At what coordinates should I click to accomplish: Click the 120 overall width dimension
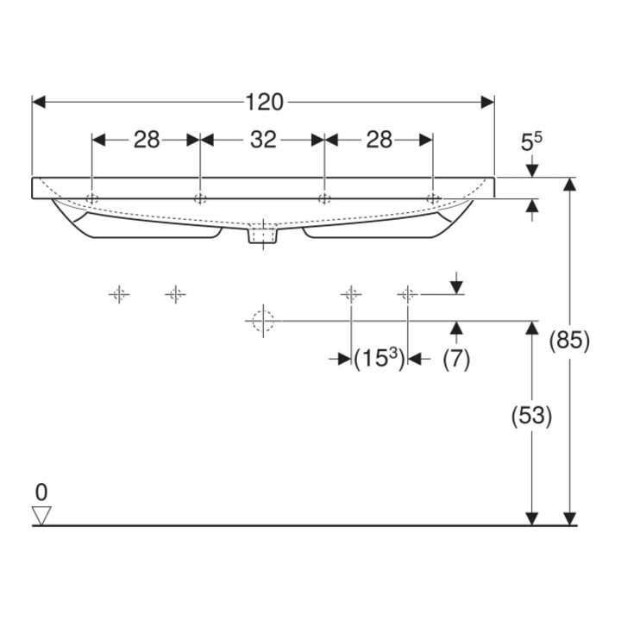click(265, 102)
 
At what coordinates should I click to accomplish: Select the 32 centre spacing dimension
click(263, 140)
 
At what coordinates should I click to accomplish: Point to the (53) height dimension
click(531, 417)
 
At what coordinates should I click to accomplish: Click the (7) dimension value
click(456, 360)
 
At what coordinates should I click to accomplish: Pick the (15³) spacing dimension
click(379, 359)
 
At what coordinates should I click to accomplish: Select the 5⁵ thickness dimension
click(531, 142)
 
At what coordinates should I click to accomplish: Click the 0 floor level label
click(41, 492)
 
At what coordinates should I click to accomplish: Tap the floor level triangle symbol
click(41, 516)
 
